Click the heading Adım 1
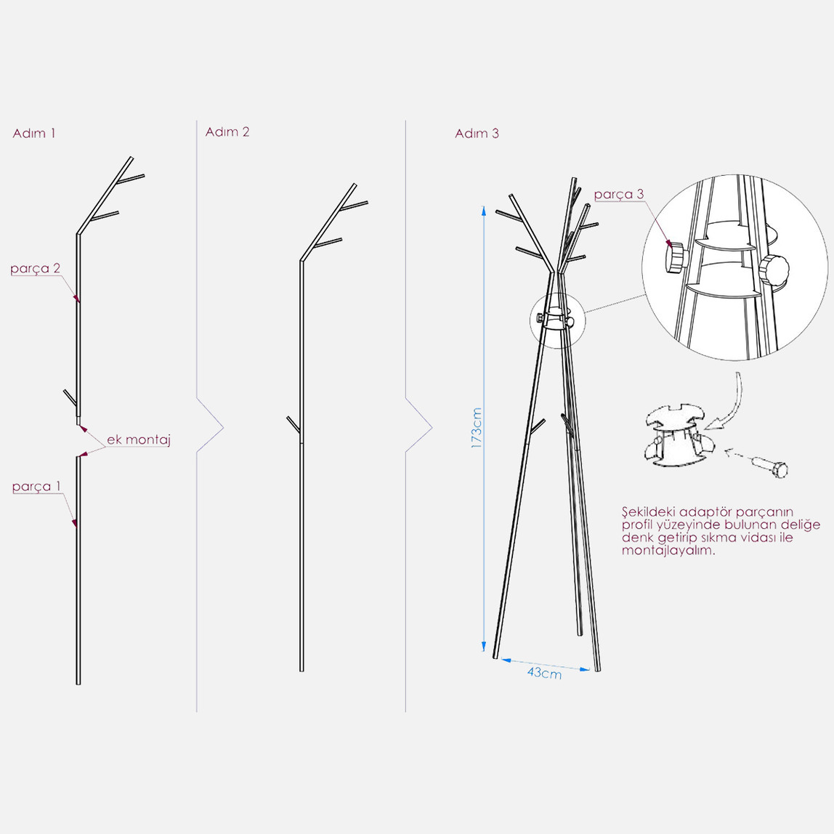click(34, 133)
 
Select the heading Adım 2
click(227, 131)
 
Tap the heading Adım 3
click(477, 133)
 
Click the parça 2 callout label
click(35, 269)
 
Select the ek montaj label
click(138, 440)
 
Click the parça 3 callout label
click(618, 194)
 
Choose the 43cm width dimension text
click(544, 673)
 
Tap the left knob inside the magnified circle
click(676, 257)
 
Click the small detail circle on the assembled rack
click(556, 320)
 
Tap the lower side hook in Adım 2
click(293, 424)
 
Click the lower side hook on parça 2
click(70, 397)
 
